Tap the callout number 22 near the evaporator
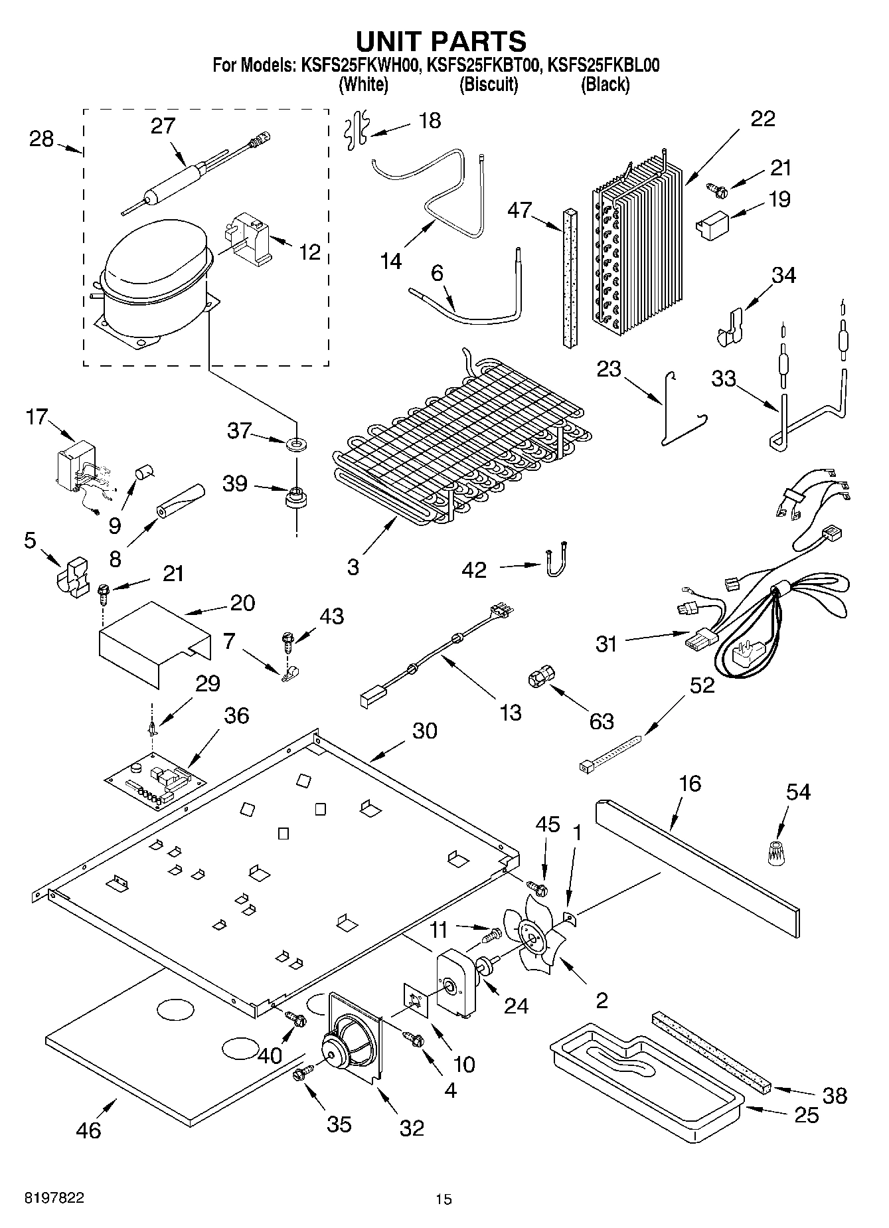pyautogui.click(x=762, y=119)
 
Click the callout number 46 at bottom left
pyautogui.click(x=88, y=1130)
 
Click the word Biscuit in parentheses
pyautogui.click(x=489, y=84)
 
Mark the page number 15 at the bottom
pyautogui.click(x=444, y=1199)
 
